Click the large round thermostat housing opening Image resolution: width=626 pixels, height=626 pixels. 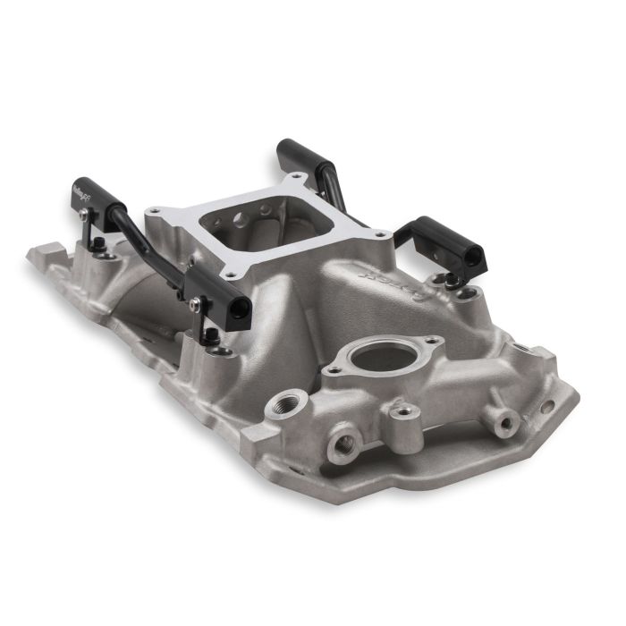(x=382, y=357)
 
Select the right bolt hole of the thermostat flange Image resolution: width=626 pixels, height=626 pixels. (x=432, y=341)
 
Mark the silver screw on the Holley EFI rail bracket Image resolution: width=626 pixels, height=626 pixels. (x=84, y=214)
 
